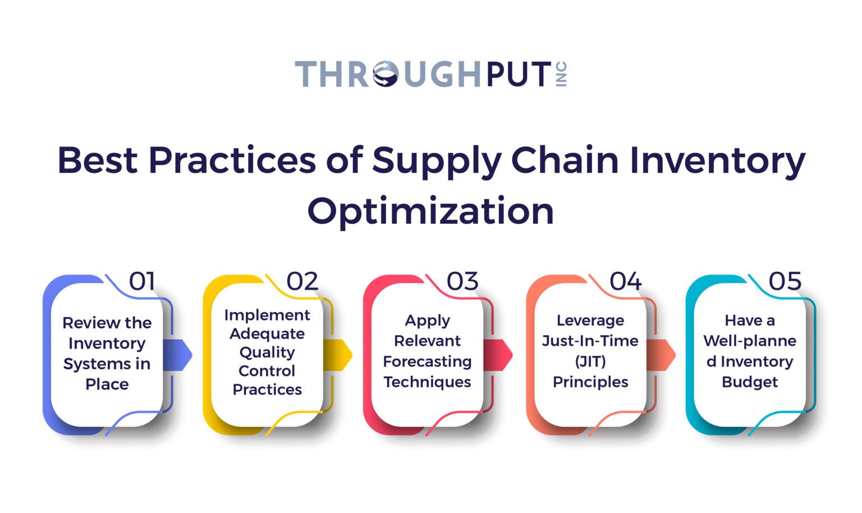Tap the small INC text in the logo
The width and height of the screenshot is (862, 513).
click(x=562, y=74)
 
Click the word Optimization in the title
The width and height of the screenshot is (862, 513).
click(x=430, y=211)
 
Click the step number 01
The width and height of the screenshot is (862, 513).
click(x=142, y=281)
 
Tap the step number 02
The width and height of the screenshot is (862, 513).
click(x=302, y=281)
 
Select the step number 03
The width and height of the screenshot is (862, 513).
click(x=462, y=281)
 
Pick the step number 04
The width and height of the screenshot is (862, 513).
click(x=625, y=281)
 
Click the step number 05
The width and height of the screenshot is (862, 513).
click(x=785, y=281)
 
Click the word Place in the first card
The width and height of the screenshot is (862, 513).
click(x=107, y=384)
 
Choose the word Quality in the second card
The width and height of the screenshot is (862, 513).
click(x=267, y=352)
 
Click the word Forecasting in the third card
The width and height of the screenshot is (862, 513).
click(x=427, y=361)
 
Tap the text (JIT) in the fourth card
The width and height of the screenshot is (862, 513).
click(x=590, y=361)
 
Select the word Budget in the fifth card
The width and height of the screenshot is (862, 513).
click(x=750, y=382)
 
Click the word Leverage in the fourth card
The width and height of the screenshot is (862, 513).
click(x=590, y=320)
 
